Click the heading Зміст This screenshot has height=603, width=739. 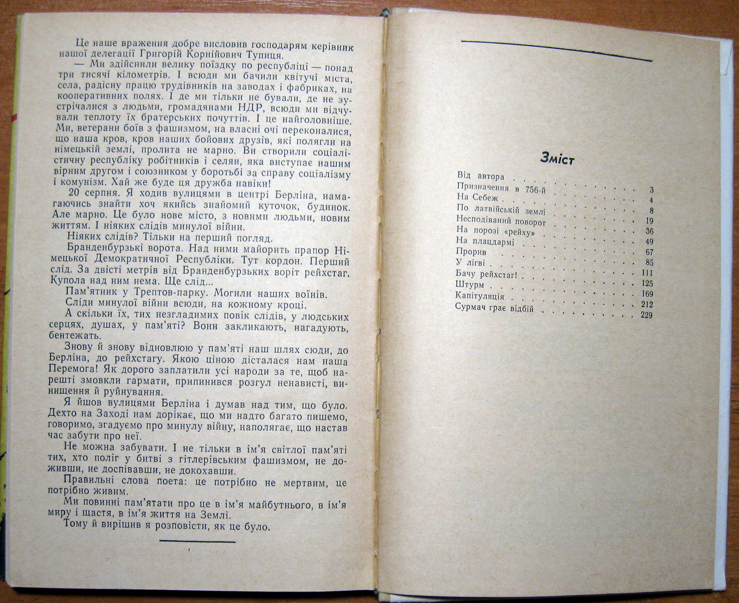[557, 159]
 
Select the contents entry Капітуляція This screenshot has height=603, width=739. [479, 296]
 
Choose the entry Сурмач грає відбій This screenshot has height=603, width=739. [495, 308]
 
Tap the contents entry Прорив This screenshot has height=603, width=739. [471, 253]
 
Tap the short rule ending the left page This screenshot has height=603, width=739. [197, 540]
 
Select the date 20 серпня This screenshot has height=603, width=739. [89, 193]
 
